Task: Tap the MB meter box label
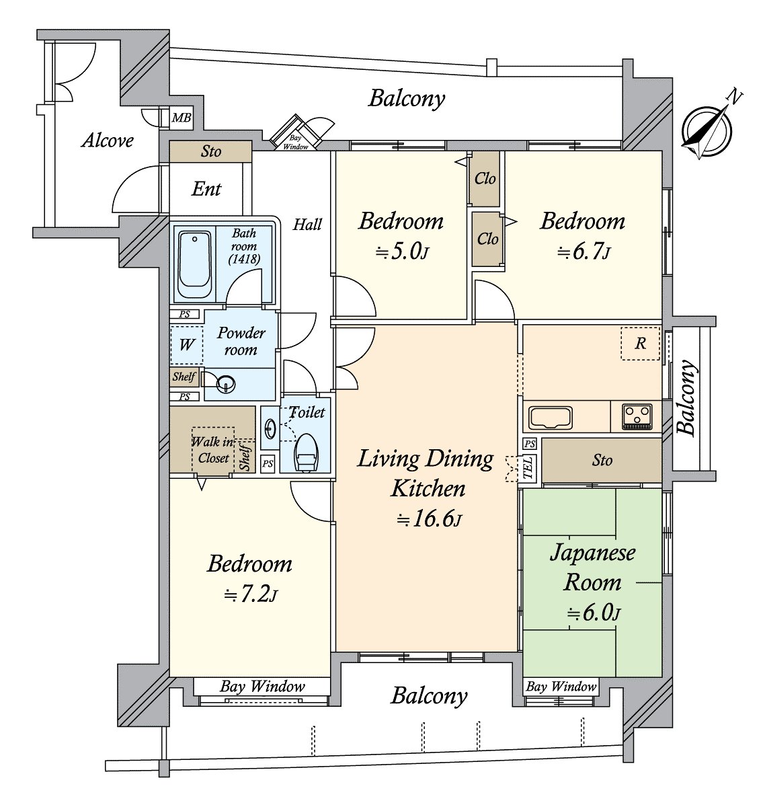(x=181, y=118)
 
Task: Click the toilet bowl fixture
(x=306, y=452)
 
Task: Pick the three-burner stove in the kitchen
(x=637, y=416)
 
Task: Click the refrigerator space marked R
(x=640, y=344)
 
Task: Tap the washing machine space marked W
(x=187, y=345)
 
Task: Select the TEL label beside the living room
(x=528, y=467)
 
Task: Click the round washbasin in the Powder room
(x=225, y=385)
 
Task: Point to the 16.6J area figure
(x=429, y=521)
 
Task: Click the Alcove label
(x=108, y=141)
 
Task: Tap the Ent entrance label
(x=206, y=189)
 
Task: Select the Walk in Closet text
(x=212, y=450)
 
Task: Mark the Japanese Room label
(x=593, y=568)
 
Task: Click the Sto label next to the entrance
(x=211, y=151)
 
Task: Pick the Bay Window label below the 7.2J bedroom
(x=262, y=687)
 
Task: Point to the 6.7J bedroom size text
(x=584, y=252)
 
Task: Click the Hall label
(x=307, y=225)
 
